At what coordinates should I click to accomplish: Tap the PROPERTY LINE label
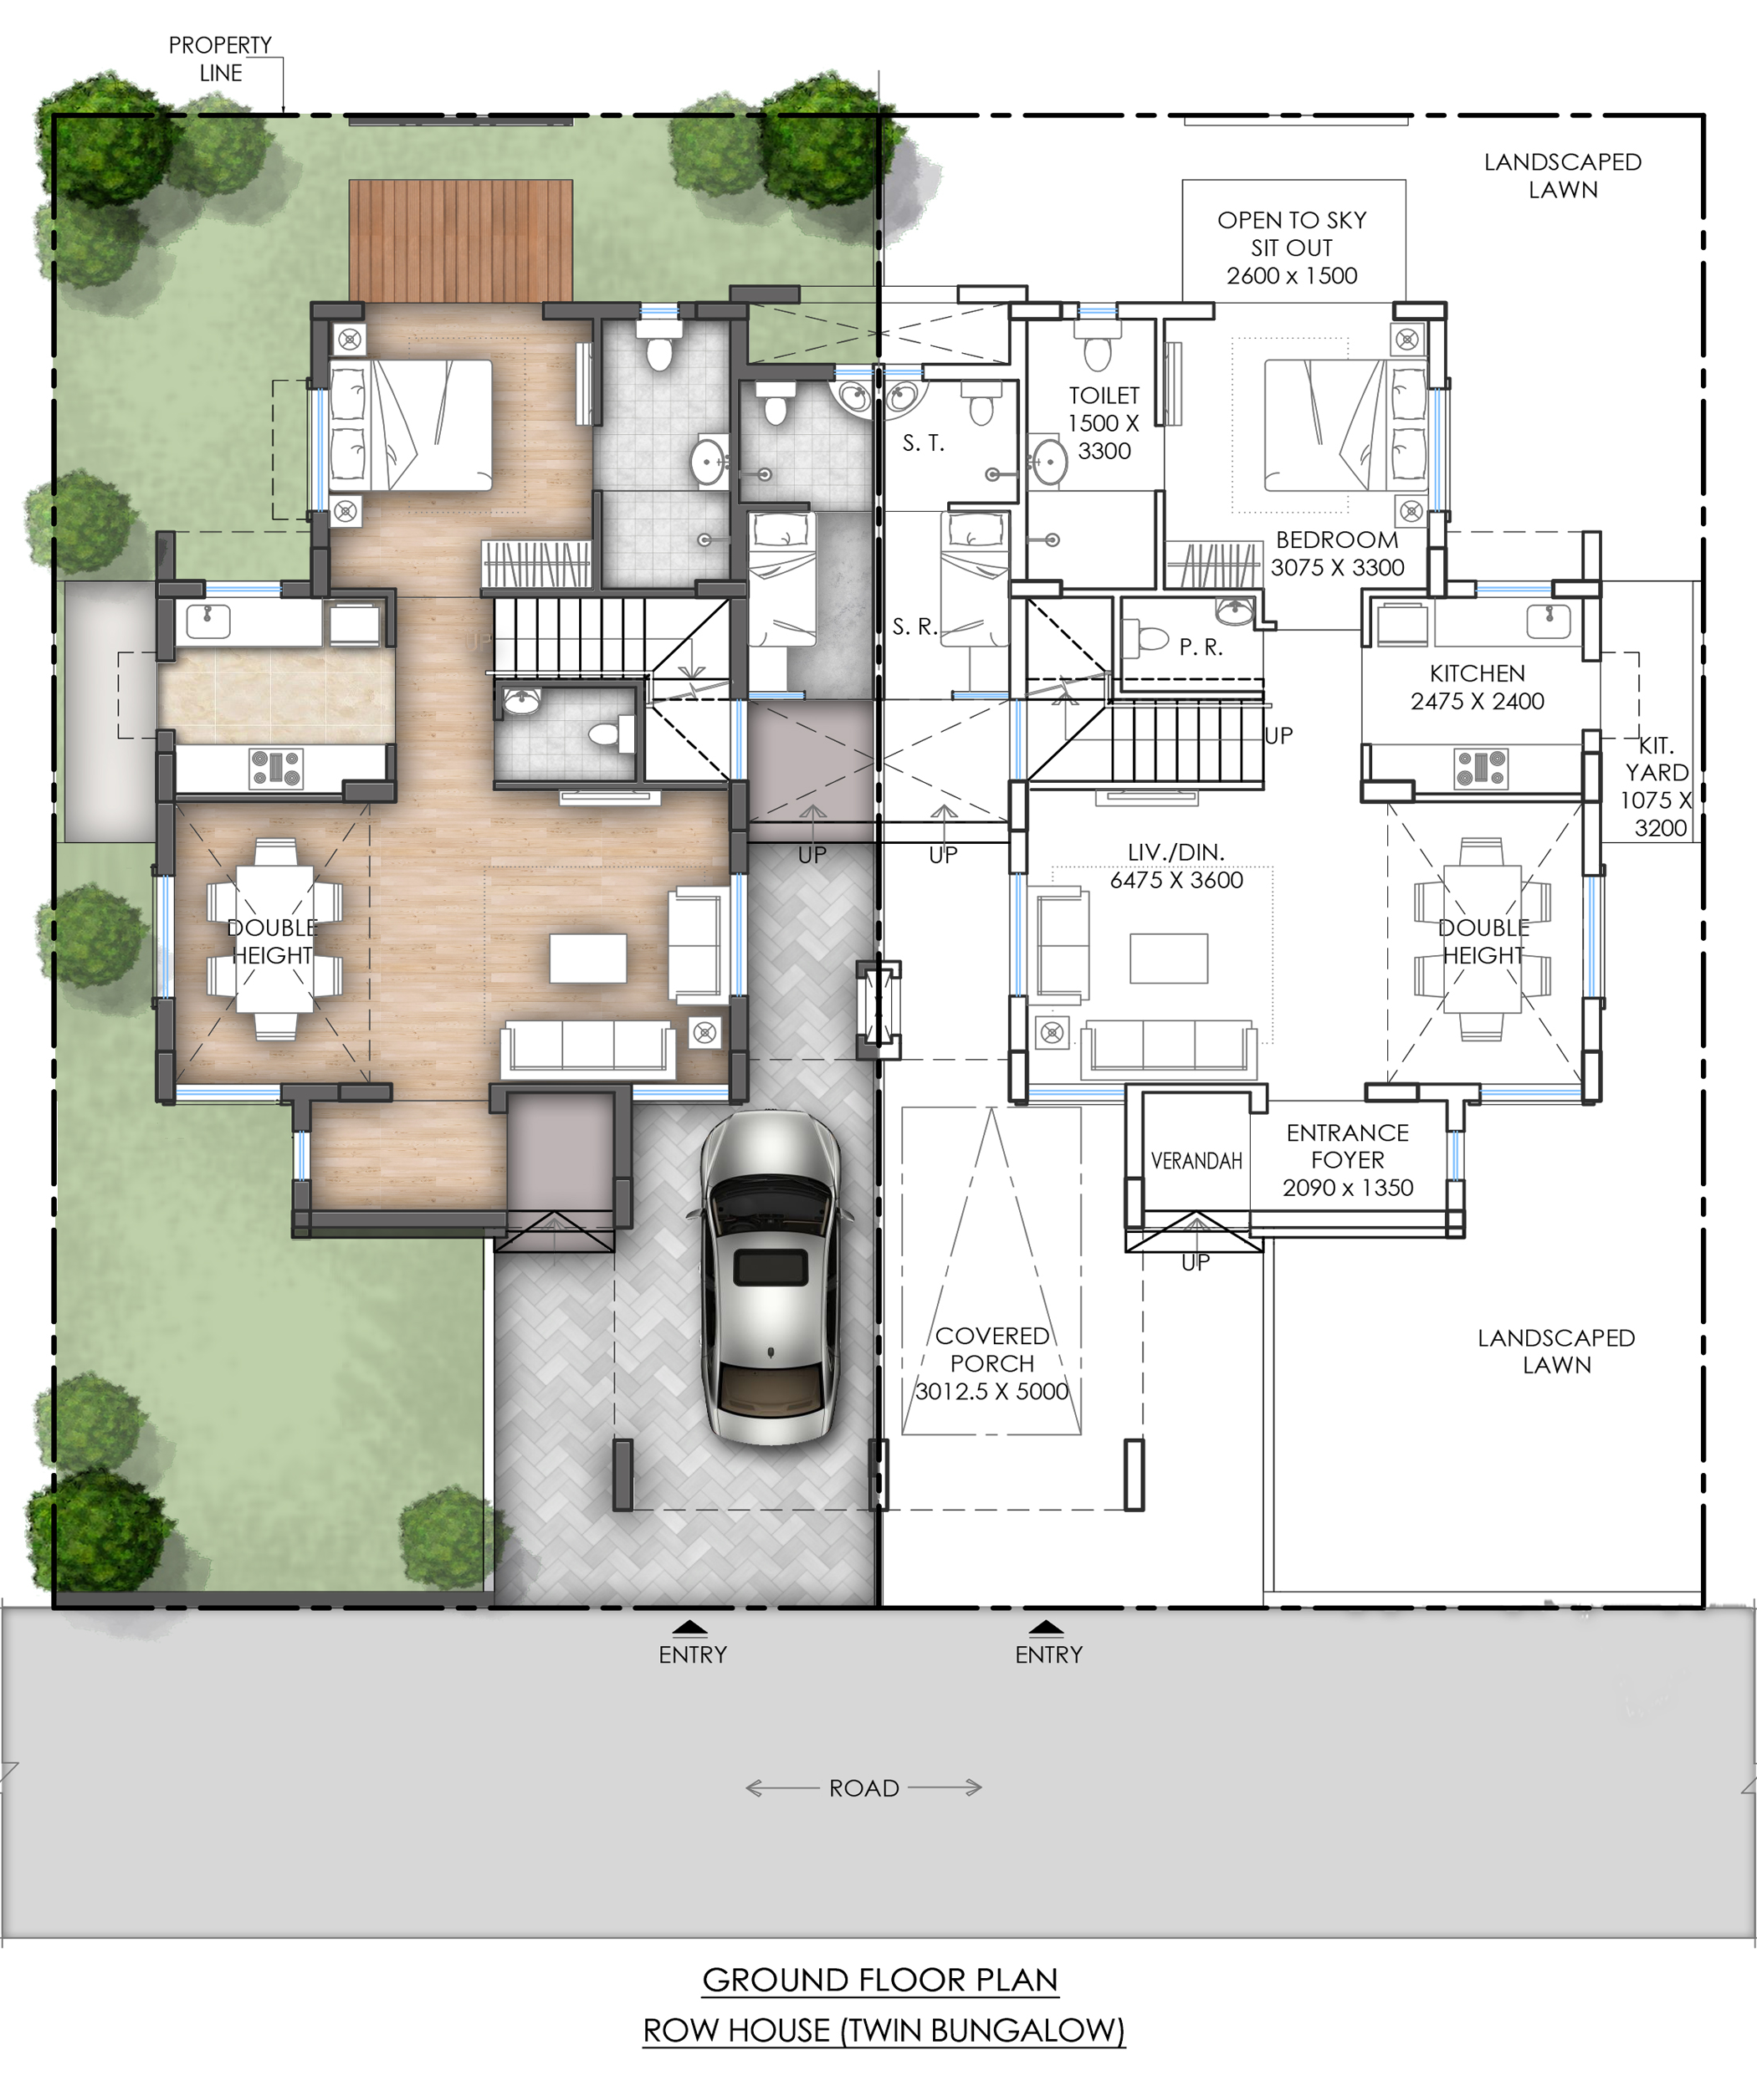[x=220, y=59]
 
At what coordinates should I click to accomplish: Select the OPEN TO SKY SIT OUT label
[x=1292, y=248]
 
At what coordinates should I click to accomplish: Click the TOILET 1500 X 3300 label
[x=1104, y=423]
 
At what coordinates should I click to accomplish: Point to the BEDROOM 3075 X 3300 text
[x=1338, y=554]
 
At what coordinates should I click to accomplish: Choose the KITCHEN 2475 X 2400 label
[x=1477, y=687]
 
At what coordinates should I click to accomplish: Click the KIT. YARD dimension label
[x=1657, y=786]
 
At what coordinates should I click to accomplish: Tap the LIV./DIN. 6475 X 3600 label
[x=1176, y=867]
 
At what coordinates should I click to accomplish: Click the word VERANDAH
[x=1196, y=1161]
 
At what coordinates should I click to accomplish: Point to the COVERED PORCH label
[x=992, y=1363]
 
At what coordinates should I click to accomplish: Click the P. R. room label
[x=1201, y=647]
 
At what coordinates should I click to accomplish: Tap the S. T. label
[x=924, y=443]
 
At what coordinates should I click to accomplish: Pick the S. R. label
[x=915, y=626]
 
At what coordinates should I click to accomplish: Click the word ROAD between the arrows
[x=864, y=1788]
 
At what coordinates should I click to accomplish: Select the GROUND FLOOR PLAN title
[x=880, y=1981]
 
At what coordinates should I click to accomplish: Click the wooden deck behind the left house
[x=460, y=240]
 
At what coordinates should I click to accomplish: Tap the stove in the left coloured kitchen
[x=276, y=769]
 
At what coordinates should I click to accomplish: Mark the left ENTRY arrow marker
[x=690, y=1628]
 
